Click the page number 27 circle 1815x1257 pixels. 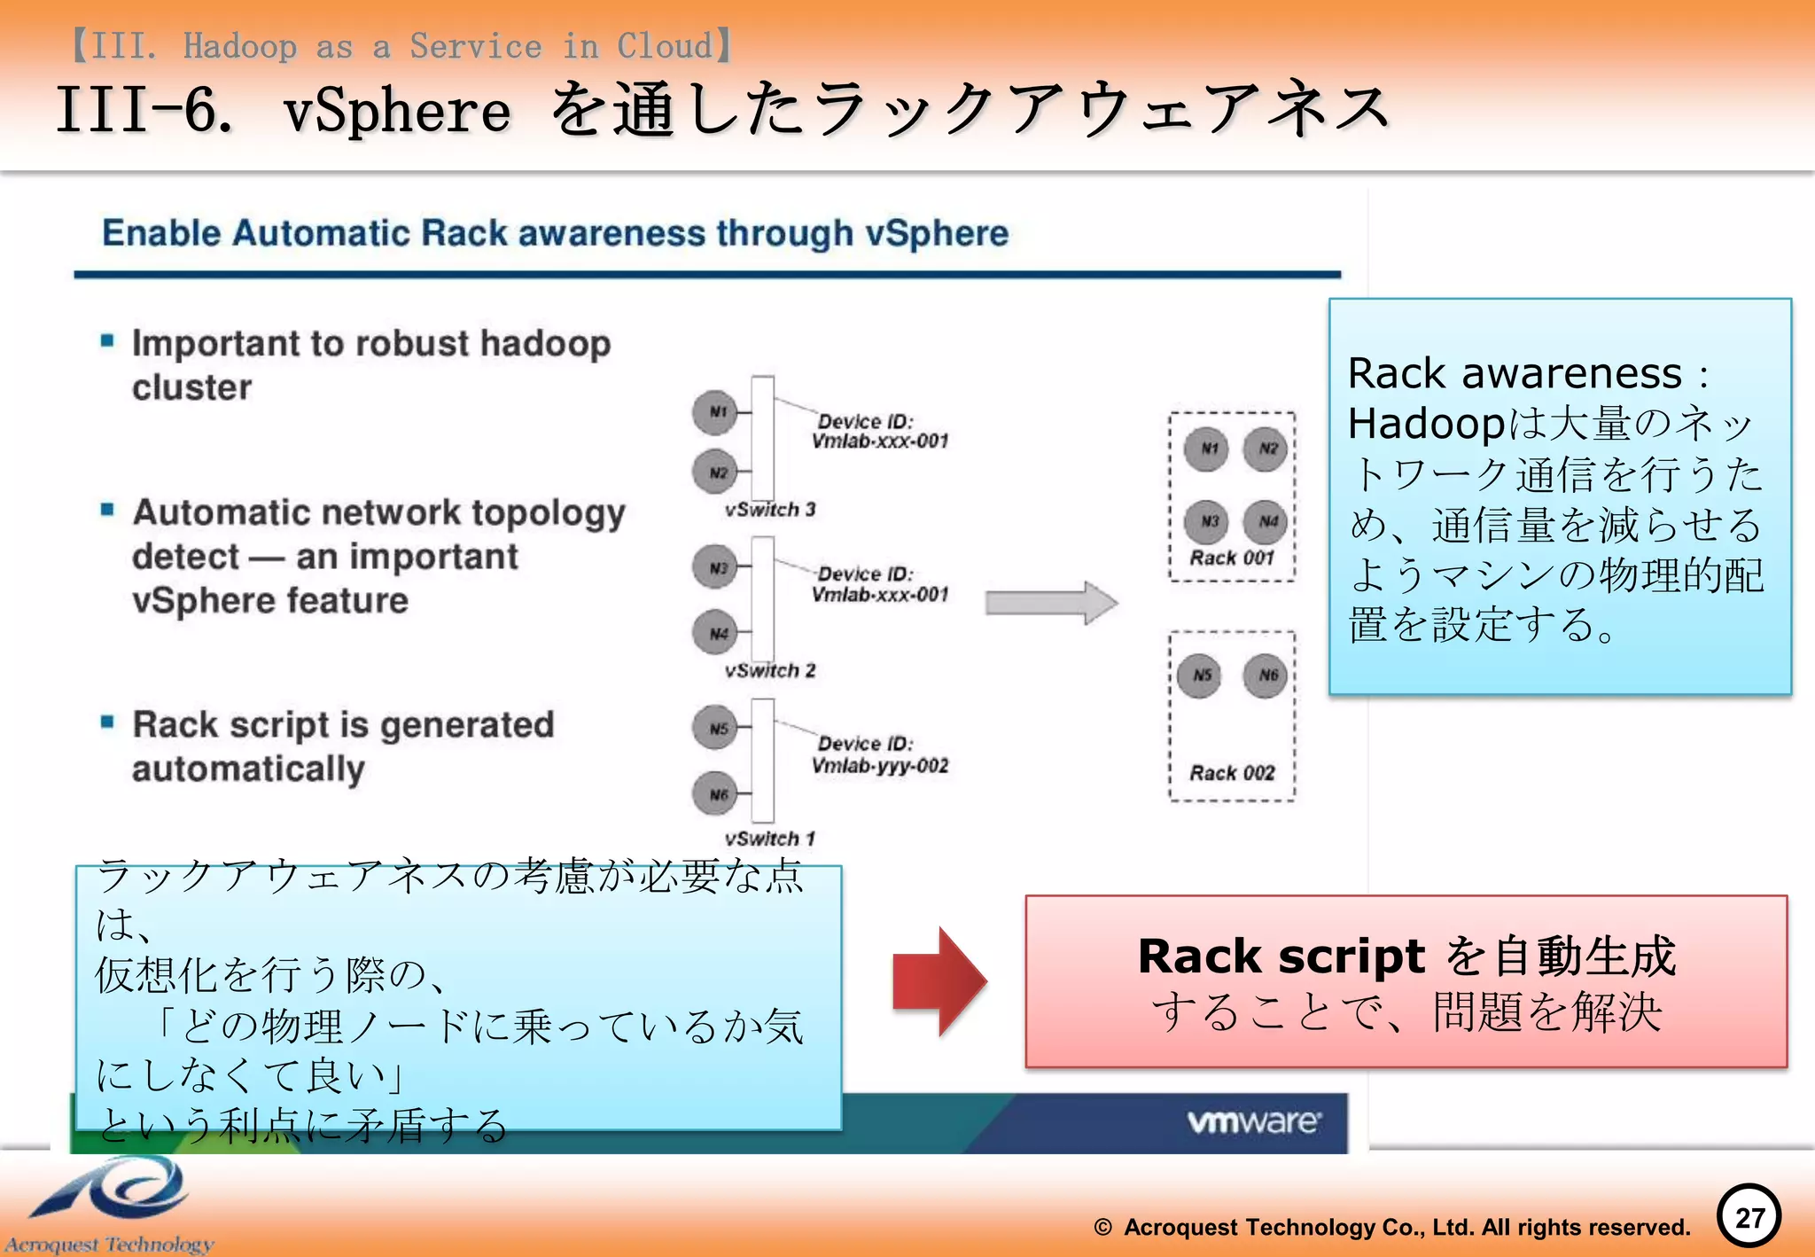tap(1749, 1216)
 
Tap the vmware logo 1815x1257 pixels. tap(1253, 1121)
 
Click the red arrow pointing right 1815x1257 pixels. tap(939, 981)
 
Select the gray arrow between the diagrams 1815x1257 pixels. tap(1051, 604)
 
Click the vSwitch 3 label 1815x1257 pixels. tap(769, 510)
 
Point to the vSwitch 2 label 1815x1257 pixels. tap(769, 671)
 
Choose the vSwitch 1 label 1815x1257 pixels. tap(769, 839)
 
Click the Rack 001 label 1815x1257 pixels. tap(1231, 558)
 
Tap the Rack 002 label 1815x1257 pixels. tap(1231, 773)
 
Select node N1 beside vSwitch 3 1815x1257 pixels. tap(715, 412)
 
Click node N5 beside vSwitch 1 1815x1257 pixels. tap(715, 728)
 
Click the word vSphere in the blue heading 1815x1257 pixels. tap(936, 233)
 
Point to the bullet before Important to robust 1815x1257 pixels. tap(107, 341)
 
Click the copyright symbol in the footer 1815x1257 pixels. tap(1102, 1228)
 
